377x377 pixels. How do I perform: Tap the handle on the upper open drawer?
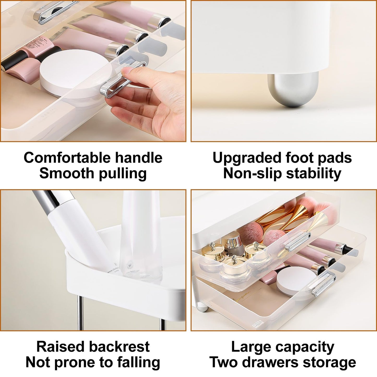298,241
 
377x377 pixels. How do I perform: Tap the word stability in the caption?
314,173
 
